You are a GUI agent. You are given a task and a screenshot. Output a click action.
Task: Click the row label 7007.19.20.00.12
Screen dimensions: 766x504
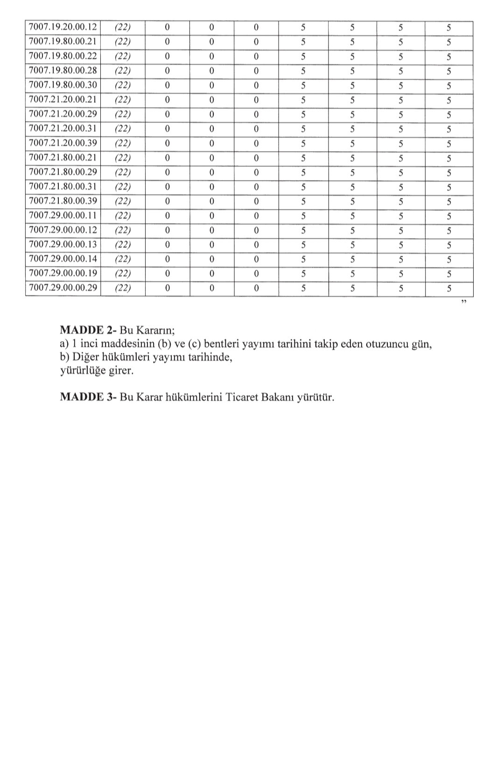click(x=63, y=27)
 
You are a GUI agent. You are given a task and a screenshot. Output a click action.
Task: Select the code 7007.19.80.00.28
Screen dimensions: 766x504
click(x=63, y=70)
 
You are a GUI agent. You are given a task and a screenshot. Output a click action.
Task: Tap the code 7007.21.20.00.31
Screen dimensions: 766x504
click(x=63, y=128)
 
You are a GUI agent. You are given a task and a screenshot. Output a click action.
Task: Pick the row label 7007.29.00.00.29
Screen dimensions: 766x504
click(x=63, y=288)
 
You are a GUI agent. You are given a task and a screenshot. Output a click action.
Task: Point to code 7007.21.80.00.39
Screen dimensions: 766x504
click(x=63, y=201)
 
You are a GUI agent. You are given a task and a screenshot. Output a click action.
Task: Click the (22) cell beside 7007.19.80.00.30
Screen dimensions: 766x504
click(x=122, y=85)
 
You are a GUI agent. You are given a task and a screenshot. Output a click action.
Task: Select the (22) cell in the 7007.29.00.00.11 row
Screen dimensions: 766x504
click(x=122, y=216)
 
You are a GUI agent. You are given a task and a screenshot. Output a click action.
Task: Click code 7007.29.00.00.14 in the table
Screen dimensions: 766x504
click(x=63, y=259)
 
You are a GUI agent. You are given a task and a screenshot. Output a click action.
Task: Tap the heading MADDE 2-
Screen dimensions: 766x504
click(x=88, y=330)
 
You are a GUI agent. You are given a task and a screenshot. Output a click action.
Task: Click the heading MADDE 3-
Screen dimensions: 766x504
click(x=88, y=397)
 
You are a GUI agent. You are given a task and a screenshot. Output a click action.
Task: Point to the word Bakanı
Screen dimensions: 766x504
click(x=278, y=398)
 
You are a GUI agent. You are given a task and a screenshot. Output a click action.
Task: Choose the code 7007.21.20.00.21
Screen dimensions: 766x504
click(x=63, y=99)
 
